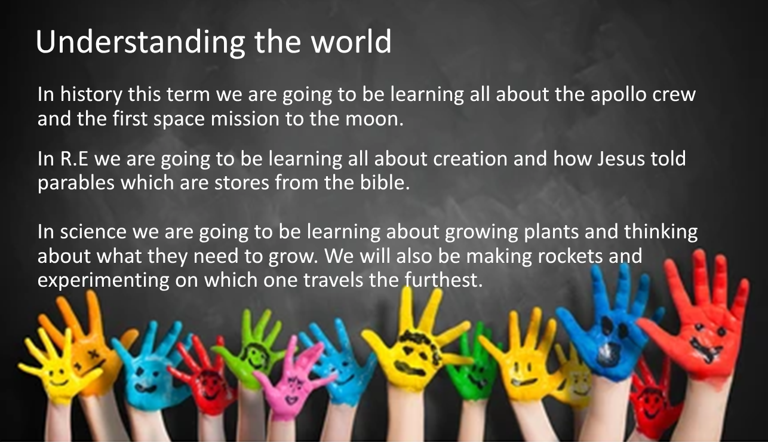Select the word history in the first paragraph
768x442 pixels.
point(91,94)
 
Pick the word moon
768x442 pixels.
point(374,119)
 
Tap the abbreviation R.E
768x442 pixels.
point(74,159)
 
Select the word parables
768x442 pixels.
point(76,183)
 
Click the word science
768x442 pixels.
point(93,232)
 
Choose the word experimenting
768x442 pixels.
point(103,281)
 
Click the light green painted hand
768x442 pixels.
point(254,353)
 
